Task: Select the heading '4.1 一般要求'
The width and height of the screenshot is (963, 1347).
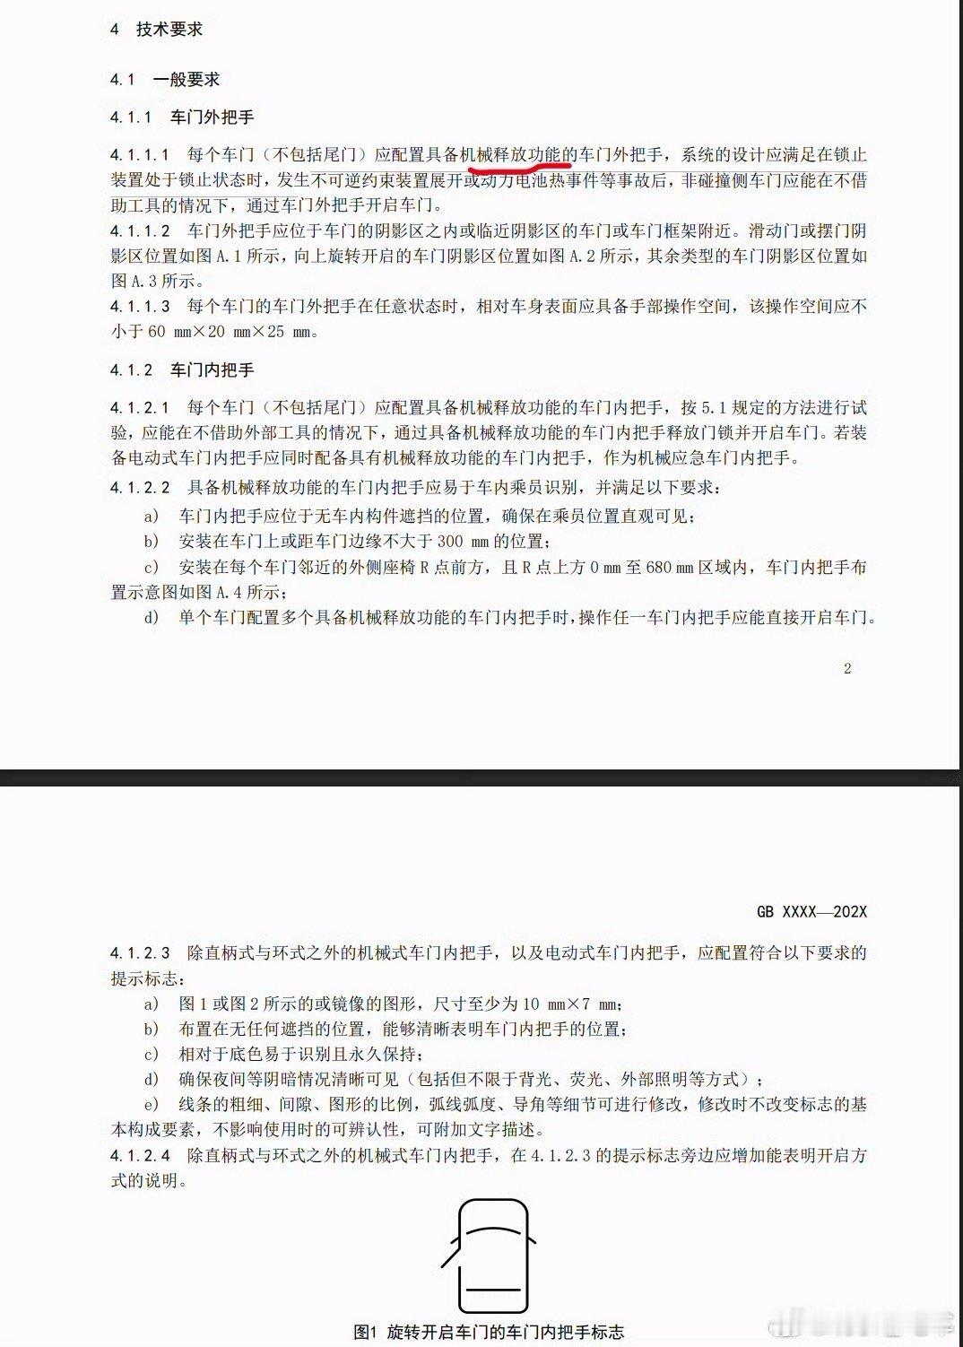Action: (x=165, y=80)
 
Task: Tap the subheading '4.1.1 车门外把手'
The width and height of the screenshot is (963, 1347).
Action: (x=182, y=117)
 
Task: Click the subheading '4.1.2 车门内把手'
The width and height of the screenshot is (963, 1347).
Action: (x=182, y=369)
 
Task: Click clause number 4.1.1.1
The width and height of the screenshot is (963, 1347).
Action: (x=140, y=156)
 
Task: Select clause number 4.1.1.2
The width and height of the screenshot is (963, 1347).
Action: (x=140, y=231)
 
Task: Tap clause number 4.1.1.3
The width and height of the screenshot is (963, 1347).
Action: (x=140, y=307)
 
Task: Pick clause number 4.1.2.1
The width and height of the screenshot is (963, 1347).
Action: (x=140, y=408)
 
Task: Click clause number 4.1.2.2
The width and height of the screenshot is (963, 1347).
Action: (x=140, y=487)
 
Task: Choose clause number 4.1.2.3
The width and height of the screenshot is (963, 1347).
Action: (x=140, y=953)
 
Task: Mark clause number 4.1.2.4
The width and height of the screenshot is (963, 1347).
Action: (x=140, y=1156)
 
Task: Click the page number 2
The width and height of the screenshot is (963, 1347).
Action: (x=847, y=668)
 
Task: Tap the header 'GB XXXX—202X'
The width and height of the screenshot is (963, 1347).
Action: (x=811, y=912)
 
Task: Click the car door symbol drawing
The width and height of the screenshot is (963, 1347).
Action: (x=492, y=1254)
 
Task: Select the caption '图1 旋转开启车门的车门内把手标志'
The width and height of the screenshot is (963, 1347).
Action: (x=489, y=1332)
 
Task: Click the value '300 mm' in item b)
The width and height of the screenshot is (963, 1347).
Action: (x=467, y=542)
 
